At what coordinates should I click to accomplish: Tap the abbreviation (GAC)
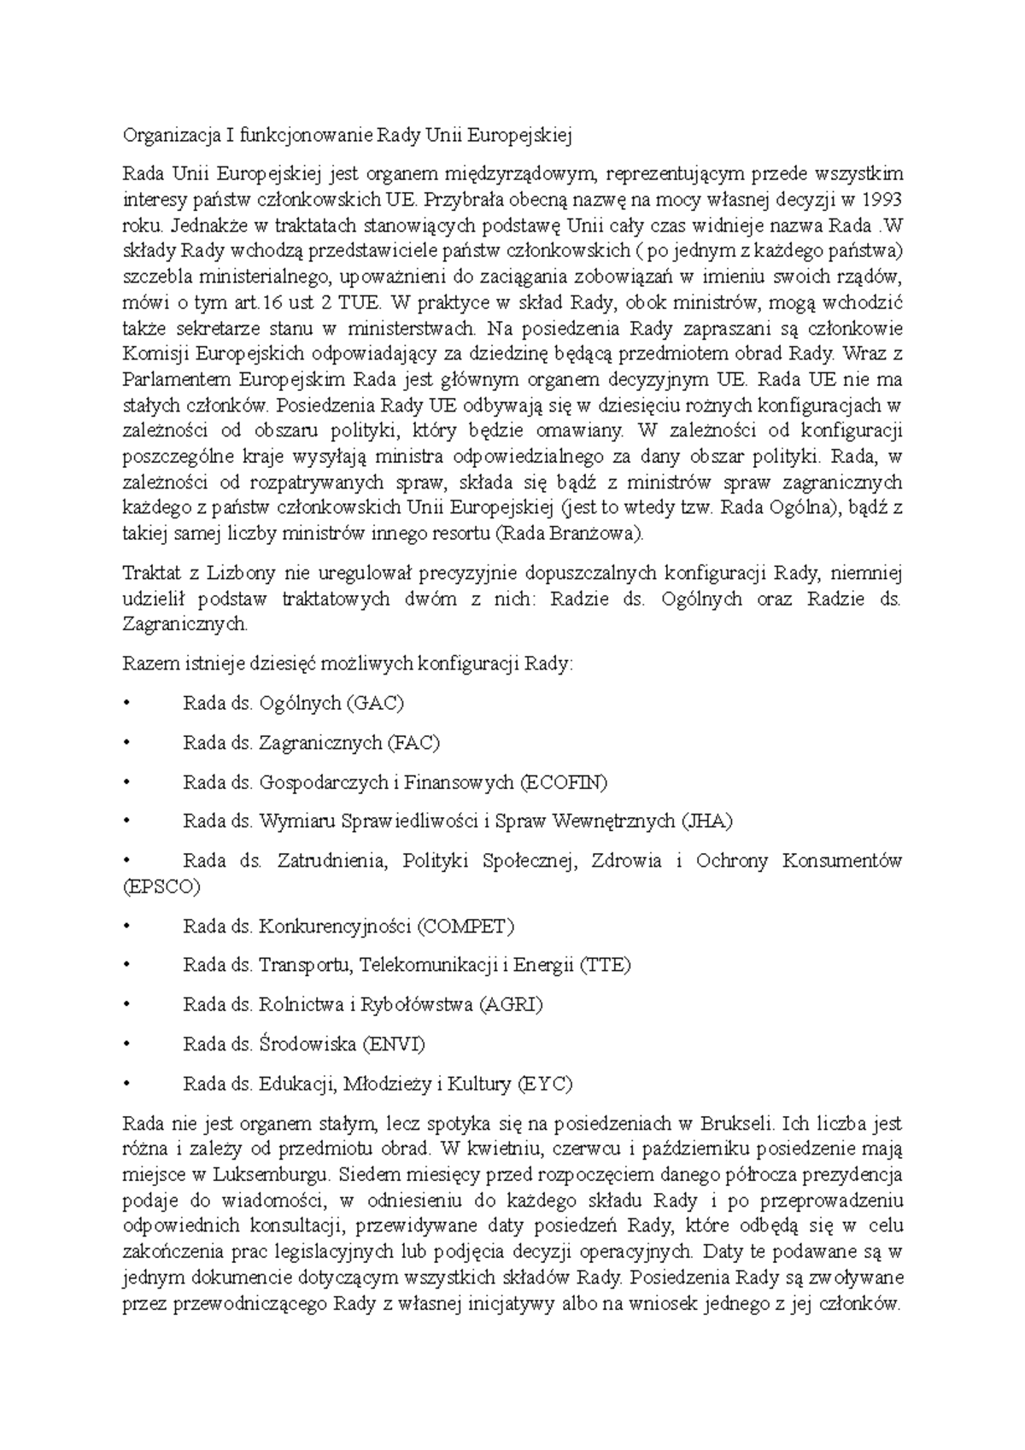pos(375,704)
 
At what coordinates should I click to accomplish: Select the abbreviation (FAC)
pos(413,743)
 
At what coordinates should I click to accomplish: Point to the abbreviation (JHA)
pos(706,821)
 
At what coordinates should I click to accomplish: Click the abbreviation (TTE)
pos(605,965)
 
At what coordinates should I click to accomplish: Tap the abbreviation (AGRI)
pos(511,1004)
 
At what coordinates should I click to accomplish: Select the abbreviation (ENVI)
pos(394,1044)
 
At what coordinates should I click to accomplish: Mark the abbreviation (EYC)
pos(545,1084)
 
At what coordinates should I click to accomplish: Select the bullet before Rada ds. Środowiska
pos(127,1044)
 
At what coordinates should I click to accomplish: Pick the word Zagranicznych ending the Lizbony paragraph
pos(185,623)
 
